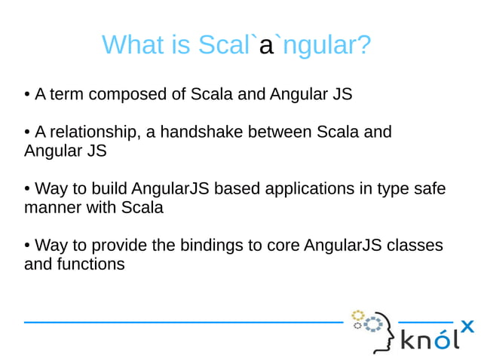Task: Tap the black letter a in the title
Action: (265, 47)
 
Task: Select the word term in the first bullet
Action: (66, 96)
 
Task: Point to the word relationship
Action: (93, 133)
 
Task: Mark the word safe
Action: (429, 188)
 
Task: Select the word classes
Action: (418, 246)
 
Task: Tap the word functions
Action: (90, 264)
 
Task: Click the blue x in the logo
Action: (467, 326)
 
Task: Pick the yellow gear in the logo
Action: (357, 315)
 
